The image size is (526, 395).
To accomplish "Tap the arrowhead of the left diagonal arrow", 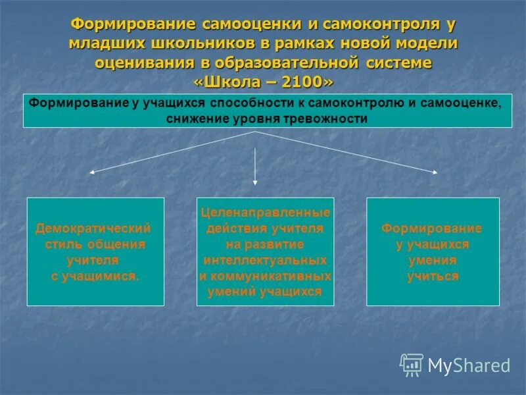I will click(92, 172).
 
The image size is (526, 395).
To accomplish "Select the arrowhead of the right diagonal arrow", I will click(435, 172).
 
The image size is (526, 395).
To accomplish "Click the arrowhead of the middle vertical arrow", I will click(255, 184).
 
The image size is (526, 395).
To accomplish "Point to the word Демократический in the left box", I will click(93, 228).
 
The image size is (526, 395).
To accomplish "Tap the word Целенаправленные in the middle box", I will click(265, 213).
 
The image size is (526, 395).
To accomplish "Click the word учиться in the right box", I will click(432, 276).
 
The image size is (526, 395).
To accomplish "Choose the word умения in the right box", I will click(432, 261).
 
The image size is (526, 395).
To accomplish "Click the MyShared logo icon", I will click(412, 364).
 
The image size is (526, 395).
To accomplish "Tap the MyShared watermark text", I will click(469, 366).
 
